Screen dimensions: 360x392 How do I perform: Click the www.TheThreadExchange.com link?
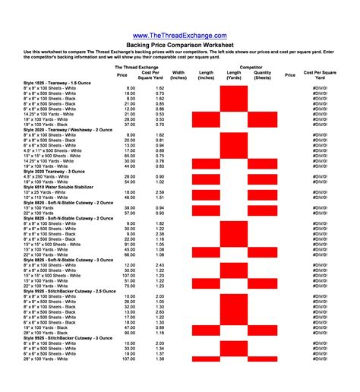click(x=179, y=36)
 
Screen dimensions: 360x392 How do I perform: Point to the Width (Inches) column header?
click(x=178, y=75)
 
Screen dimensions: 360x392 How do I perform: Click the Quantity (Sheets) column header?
click(x=262, y=75)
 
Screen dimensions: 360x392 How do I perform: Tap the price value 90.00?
click(x=131, y=331)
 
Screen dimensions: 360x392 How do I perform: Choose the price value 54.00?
click(x=131, y=182)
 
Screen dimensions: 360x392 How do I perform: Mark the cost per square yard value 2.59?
click(x=159, y=192)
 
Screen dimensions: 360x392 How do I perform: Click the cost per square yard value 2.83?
click(x=159, y=311)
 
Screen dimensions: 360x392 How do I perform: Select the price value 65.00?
click(x=131, y=156)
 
